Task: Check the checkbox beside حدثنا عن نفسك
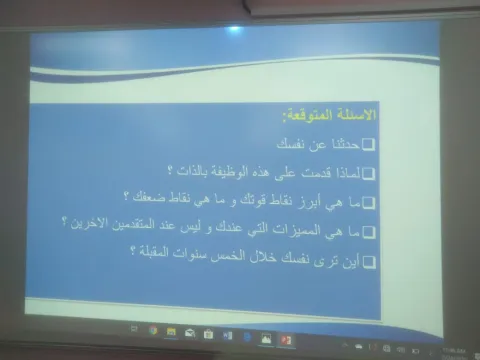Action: point(369,145)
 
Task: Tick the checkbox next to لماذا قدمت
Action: point(369,172)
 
